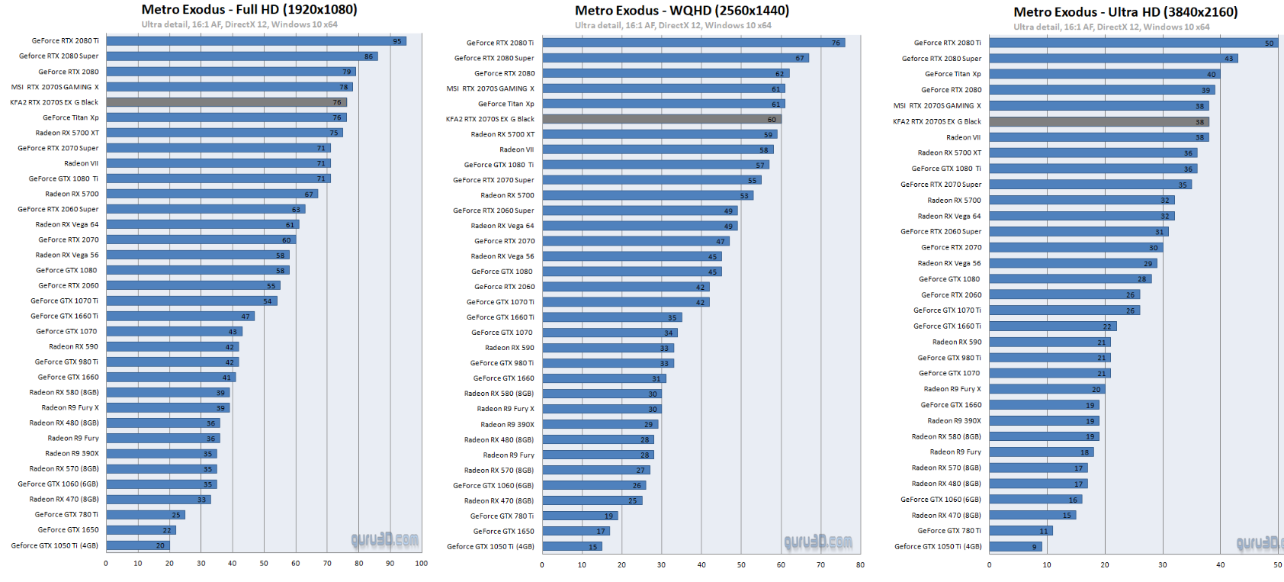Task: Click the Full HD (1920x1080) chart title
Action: (249, 10)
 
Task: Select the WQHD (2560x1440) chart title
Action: (682, 11)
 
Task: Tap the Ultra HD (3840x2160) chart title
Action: (1125, 12)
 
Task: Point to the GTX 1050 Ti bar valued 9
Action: (1014, 546)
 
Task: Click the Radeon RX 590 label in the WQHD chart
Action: (509, 348)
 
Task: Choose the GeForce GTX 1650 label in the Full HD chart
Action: (68, 529)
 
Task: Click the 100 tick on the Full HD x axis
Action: (421, 564)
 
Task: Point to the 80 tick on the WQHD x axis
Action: (860, 565)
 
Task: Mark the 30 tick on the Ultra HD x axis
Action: (1162, 565)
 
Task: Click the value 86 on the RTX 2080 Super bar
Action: (368, 56)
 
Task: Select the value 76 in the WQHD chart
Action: (836, 43)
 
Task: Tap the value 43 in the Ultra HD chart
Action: (1228, 59)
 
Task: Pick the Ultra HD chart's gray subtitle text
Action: (1111, 27)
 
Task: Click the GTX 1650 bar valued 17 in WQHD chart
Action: (576, 531)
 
